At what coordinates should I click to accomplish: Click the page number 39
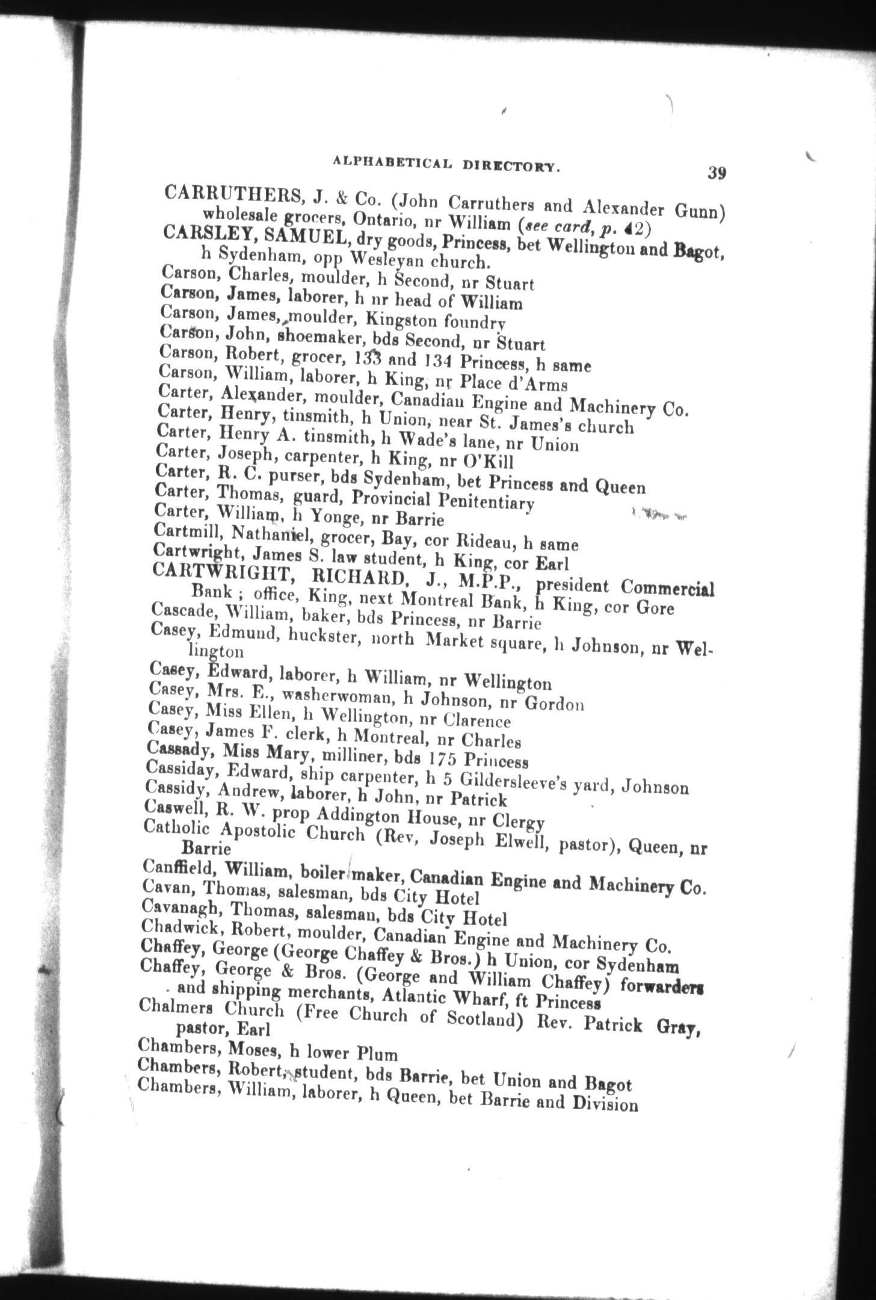(717, 173)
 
